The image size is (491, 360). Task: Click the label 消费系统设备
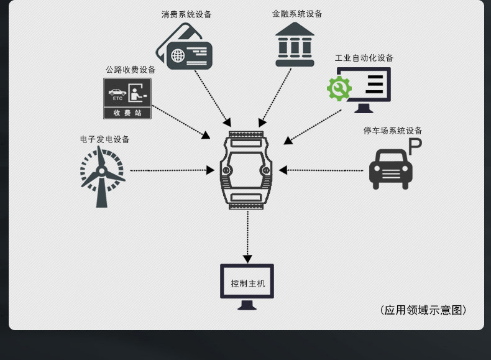click(x=186, y=14)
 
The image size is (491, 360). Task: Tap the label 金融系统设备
click(x=297, y=14)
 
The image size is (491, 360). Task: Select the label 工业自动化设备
click(x=364, y=58)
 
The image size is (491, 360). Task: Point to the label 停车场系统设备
click(x=393, y=131)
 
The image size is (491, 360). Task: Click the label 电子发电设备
click(x=105, y=139)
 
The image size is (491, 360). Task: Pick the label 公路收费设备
click(x=131, y=70)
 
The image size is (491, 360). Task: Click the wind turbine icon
click(x=103, y=177)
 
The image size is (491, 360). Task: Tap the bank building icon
click(x=295, y=45)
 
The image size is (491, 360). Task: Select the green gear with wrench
click(x=339, y=89)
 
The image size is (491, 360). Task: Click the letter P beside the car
click(x=415, y=147)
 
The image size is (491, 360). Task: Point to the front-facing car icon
click(x=391, y=169)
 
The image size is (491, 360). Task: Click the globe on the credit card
click(x=178, y=56)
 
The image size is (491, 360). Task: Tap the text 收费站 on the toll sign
click(x=127, y=113)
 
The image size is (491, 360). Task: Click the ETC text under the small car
click(x=117, y=98)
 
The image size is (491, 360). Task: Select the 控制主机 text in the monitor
click(x=248, y=284)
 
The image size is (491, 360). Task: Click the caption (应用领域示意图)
click(x=423, y=310)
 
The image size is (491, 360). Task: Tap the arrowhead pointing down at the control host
click(x=247, y=259)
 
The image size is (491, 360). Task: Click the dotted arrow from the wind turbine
click(x=172, y=170)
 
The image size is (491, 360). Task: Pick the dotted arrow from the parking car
click(x=321, y=170)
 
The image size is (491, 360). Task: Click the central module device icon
click(x=246, y=170)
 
